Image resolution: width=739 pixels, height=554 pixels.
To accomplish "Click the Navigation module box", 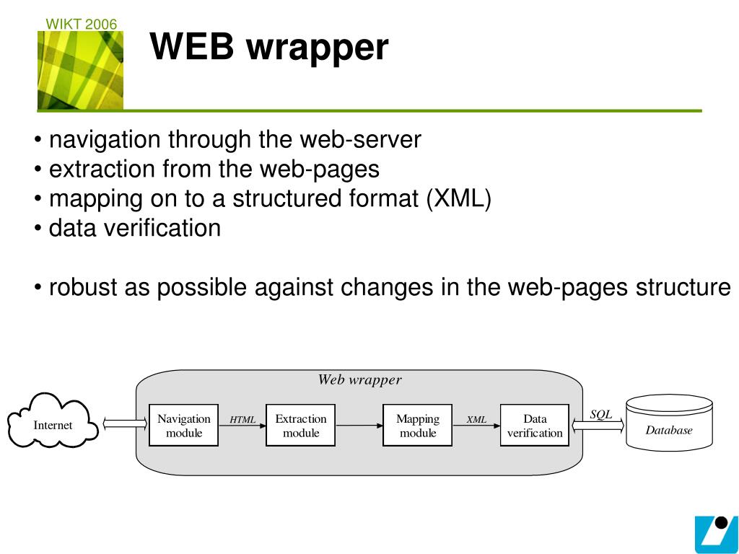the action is (183, 425).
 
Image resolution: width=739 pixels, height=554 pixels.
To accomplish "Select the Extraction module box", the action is (301, 425).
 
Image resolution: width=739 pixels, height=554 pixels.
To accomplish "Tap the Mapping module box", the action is (418, 425).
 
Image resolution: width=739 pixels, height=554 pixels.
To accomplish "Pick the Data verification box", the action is (535, 425).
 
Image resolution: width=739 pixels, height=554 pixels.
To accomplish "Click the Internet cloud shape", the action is (52, 421).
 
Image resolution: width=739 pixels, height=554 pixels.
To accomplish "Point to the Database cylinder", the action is (669, 423).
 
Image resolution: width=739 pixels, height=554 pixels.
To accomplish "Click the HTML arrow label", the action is (242, 419).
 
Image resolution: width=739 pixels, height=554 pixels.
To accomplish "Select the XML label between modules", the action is (476, 419).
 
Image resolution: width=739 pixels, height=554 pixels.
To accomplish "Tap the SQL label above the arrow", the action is (601, 415).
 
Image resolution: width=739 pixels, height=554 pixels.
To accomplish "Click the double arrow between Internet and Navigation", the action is (125, 423).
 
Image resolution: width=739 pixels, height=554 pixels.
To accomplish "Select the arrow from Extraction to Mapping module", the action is (359, 426).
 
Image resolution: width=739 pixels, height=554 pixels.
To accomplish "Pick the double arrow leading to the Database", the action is (598, 426).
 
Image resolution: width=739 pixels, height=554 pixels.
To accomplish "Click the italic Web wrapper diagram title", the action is (359, 379).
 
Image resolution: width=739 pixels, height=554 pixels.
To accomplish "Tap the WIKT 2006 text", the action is (81, 24).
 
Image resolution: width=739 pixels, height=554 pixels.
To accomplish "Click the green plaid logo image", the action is (81, 70).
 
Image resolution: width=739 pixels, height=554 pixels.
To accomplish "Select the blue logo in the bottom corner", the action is (717, 535).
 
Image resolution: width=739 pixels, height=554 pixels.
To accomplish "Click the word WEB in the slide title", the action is (192, 47).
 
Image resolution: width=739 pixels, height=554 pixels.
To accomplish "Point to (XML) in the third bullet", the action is (458, 198).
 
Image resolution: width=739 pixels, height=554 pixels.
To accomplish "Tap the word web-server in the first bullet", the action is (361, 139).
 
